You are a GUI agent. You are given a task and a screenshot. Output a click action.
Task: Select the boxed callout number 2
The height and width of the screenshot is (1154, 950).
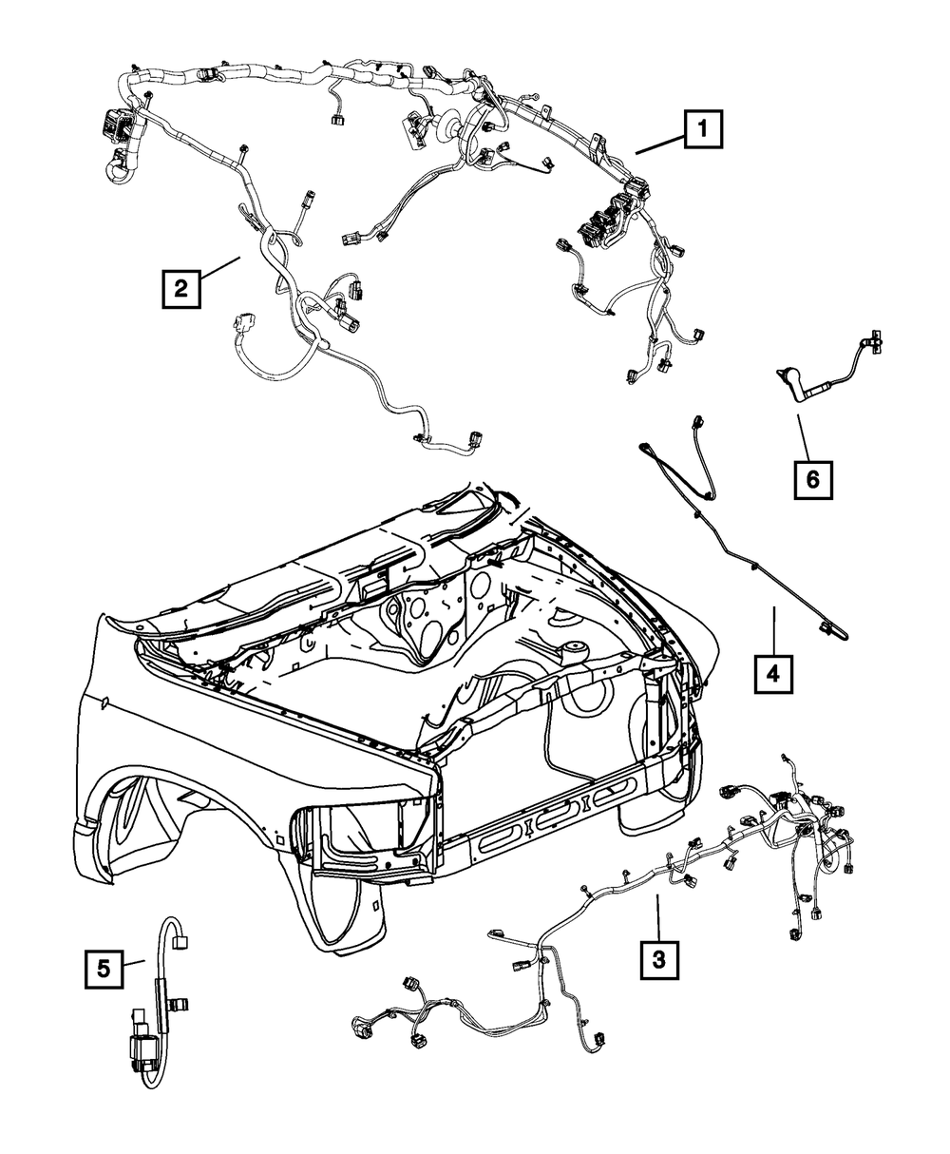click(180, 287)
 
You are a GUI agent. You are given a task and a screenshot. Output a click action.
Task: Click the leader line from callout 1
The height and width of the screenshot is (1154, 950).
click(658, 144)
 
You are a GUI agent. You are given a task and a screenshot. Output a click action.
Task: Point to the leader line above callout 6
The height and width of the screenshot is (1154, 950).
click(804, 433)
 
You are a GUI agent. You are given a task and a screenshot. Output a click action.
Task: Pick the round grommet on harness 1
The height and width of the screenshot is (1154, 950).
click(445, 128)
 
